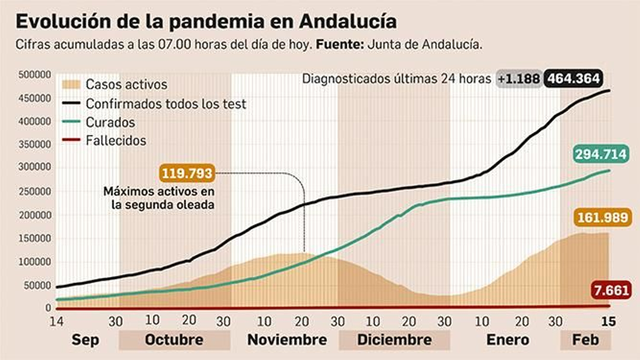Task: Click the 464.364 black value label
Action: click(x=574, y=78)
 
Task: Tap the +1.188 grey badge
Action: click(x=519, y=78)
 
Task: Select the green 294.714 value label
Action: click(x=601, y=154)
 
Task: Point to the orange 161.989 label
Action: click(x=602, y=218)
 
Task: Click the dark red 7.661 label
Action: click(x=611, y=290)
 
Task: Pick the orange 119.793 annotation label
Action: click(x=186, y=173)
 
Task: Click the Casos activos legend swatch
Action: click(x=71, y=84)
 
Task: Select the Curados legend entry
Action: click(x=110, y=122)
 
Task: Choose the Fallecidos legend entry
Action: click(x=116, y=140)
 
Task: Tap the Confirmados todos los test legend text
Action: click(x=166, y=104)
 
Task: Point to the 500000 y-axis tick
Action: click(x=35, y=75)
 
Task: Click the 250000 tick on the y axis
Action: click(x=35, y=191)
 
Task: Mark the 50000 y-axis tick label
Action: click(x=36, y=285)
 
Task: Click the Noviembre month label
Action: click(x=287, y=340)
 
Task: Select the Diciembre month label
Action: click(x=394, y=340)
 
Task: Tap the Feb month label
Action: click(x=585, y=340)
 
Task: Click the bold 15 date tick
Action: click(x=608, y=321)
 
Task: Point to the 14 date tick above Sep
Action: click(x=56, y=321)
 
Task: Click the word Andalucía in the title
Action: click(x=348, y=22)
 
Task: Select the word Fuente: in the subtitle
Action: click(x=340, y=44)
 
